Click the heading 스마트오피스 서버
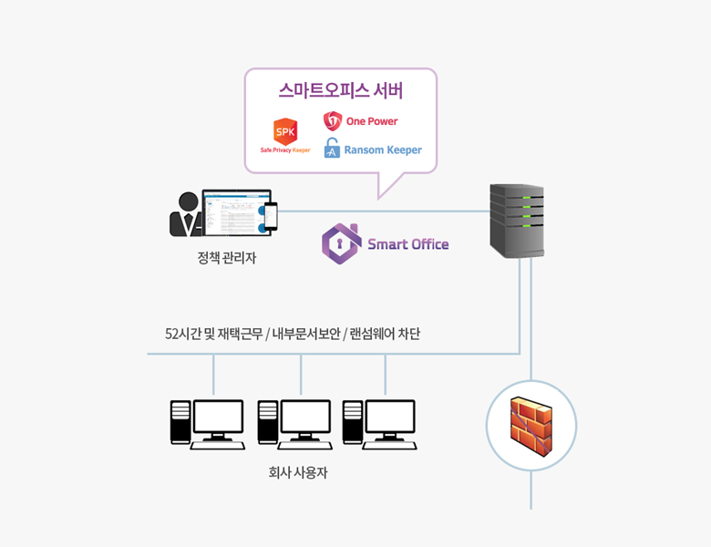coord(340,91)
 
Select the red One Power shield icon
coord(333,121)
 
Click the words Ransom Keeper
coord(383,150)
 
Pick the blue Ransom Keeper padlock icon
coord(332,149)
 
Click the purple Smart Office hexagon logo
coord(342,243)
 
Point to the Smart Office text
coord(407,244)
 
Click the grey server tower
coord(517,220)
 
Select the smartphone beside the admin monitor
coord(270,216)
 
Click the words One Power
coord(372,121)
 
